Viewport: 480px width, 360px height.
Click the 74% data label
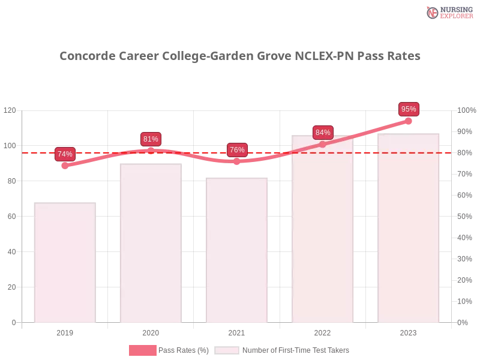[65, 154]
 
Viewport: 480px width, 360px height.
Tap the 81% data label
[151, 139]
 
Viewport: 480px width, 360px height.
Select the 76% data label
[237, 150]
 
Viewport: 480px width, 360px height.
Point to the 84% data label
[323, 132]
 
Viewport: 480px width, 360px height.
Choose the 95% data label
[409, 109]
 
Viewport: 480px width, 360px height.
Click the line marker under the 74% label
[65, 166]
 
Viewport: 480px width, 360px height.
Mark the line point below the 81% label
[151, 150]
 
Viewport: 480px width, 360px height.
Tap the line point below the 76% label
[237, 161]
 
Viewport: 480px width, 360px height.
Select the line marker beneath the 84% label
[323, 144]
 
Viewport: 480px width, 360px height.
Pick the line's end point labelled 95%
[409, 121]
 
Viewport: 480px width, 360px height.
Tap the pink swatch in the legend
[142, 350]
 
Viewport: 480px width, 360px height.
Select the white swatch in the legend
[227, 350]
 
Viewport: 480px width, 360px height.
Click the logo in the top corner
[448, 12]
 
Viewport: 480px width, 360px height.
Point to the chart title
[240, 56]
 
